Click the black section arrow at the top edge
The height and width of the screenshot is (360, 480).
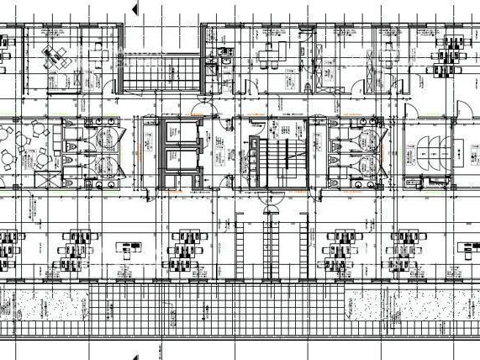tap(135, 8)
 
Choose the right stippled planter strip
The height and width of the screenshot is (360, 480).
tap(412, 311)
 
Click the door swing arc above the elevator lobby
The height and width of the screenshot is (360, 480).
tap(199, 108)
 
